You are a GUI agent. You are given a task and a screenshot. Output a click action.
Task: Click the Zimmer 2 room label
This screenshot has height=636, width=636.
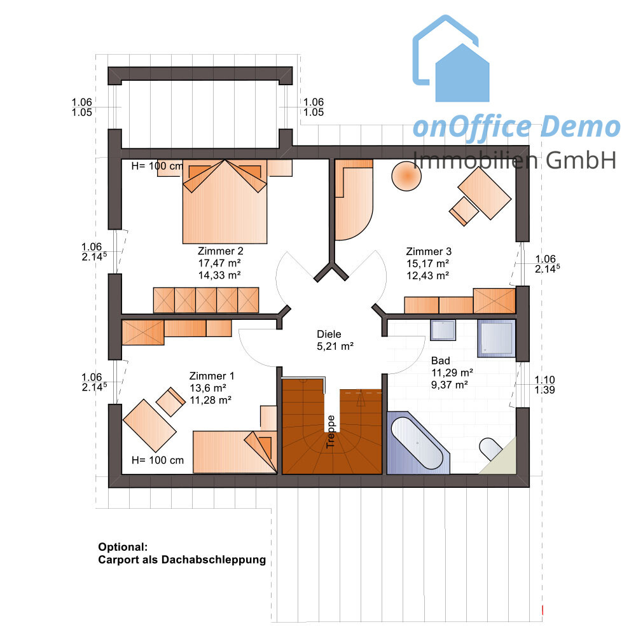[x=220, y=251]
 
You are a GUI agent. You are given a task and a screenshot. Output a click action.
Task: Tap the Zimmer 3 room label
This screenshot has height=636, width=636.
[x=429, y=251]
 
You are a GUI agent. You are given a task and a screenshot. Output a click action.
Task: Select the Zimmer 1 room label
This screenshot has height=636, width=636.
[x=212, y=376]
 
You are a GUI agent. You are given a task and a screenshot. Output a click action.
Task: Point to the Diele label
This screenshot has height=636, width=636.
[x=329, y=335]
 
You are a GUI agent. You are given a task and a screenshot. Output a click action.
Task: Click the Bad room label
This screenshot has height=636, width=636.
[x=441, y=361]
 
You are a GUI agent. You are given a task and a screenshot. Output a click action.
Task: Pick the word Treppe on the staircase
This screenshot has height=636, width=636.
[x=331, y=432]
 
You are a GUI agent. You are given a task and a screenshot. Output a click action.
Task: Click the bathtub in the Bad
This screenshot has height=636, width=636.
[x=418, y=443]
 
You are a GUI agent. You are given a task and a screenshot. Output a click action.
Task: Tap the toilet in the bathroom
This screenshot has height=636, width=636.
[x=492, y=448]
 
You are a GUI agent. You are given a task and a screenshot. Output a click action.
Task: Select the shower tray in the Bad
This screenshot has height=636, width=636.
[x=497, y=339]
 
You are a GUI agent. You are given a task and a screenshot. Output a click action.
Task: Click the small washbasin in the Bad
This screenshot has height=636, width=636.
[x=443, y=329]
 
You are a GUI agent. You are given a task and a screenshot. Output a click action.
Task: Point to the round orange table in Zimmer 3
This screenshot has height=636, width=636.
[x=406, y=176]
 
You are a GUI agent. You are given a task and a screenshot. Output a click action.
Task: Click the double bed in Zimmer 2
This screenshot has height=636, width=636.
[x=225, y=202]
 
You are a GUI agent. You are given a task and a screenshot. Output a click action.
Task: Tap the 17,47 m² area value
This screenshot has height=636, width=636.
[x=219, y=263]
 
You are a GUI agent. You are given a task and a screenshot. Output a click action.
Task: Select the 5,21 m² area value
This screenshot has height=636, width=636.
[x=335, y=347]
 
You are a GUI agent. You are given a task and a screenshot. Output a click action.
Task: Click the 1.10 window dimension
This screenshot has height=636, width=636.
[x=544, y=380]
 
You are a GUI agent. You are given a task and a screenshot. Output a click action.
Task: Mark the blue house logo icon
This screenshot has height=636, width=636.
[x=451, y=59]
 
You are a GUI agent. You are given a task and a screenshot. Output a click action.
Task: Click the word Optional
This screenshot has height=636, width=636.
[x=123, y=547]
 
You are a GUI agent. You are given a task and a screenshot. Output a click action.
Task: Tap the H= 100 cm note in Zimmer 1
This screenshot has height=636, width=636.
[x=158, y=460]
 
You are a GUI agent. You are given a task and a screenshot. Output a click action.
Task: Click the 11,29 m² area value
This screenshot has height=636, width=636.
[x=452, y=373]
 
